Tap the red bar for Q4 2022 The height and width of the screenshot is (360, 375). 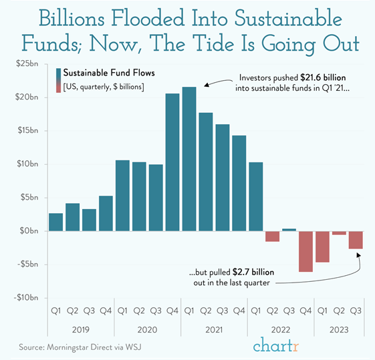(x=305, y=251)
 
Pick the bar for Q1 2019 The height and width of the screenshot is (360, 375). (x=57, y=222)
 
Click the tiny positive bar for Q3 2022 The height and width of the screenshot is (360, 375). (x=289, y=230)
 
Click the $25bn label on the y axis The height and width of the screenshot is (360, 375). (x=27, y=64)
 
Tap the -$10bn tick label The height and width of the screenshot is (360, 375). (x=26, y=297)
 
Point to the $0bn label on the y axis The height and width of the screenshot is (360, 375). (x=29, y=230)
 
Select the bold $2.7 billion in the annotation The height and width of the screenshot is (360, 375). (x=253, y=273)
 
